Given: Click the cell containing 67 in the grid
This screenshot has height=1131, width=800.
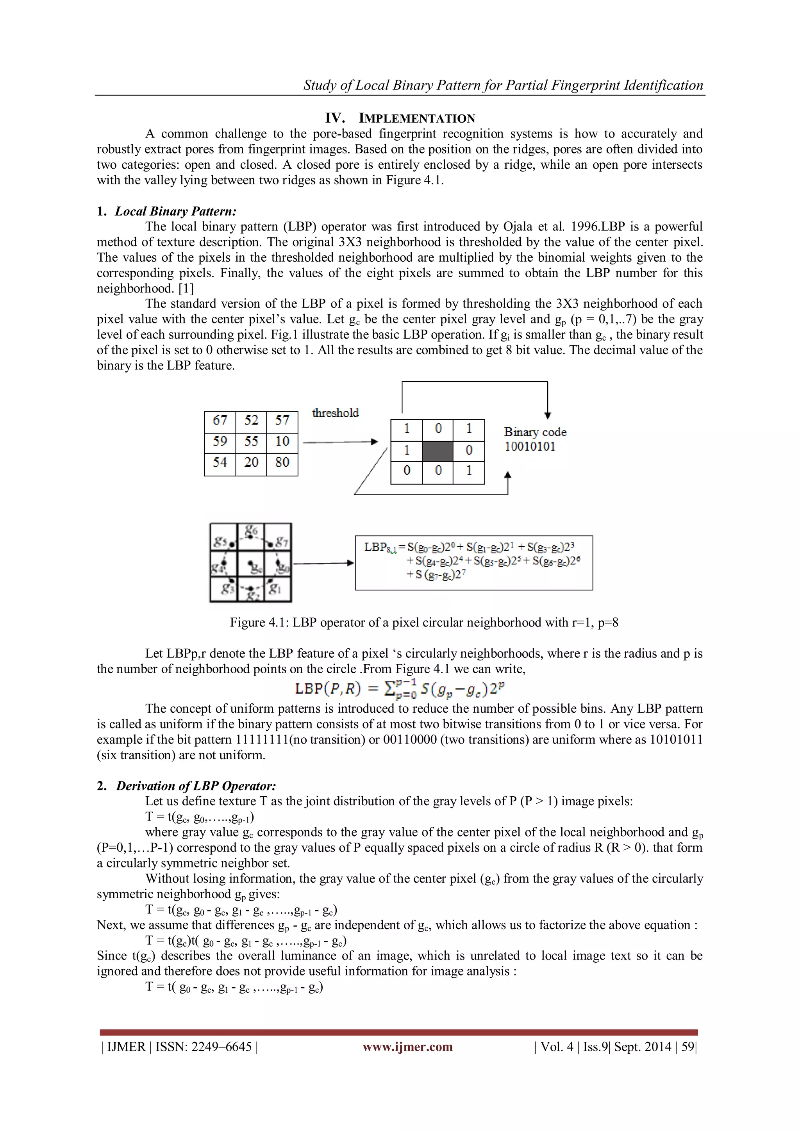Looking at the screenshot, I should pyautogui.click(x=220, y=421).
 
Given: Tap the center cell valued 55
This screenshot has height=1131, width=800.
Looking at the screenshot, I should pyautogui.click(x=251, y=442).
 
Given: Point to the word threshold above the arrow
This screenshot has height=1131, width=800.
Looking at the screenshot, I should pyautogui.click(x=336, y=413).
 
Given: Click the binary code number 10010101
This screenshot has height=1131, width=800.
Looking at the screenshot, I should pyautogui.click(x=530, y=447).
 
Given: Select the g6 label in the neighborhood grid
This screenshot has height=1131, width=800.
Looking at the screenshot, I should pyautogui.click(x=251, y=531).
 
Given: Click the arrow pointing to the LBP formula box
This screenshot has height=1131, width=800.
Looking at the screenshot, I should pyautogui.click(x=323, y=563).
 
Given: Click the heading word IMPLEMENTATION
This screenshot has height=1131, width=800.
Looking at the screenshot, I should pyautogui.click(x=417, y=119).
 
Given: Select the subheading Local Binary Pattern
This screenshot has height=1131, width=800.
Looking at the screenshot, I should pyautogui.click(x=175, y=211).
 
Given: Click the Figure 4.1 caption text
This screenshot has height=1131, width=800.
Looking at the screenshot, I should pyautogui.click(x=424, y=623).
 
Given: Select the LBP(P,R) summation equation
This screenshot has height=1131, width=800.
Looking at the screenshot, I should pyautogui.click(x=400, y=688).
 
